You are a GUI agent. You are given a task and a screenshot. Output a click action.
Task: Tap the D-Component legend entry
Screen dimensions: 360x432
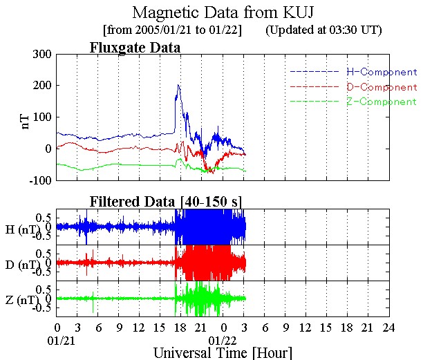tap(382, 87)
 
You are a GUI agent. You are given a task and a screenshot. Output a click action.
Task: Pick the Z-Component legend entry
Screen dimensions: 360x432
tap(382, 102)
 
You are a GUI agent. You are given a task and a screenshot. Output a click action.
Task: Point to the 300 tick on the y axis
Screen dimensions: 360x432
tap(41, 54)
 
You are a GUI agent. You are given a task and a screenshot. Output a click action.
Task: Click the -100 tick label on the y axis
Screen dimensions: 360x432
tap(39, 180)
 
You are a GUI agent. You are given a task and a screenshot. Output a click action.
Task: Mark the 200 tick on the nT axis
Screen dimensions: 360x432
tap(41, 86)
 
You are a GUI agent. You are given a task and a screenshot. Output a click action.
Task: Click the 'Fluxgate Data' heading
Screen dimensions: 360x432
tap(135, 48)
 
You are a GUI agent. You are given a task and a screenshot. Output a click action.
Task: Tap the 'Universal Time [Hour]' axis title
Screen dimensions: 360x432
tap(223, 352)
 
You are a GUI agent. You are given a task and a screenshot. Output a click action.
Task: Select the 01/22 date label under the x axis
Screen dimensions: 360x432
tap(223, 340)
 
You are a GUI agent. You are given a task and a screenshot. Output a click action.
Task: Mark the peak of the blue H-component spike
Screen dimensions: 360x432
tap(178, 85)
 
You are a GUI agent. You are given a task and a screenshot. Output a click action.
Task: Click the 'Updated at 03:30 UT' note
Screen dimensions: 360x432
tap(323, 30)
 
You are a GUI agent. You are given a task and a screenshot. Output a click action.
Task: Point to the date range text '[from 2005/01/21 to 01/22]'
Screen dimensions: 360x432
tap(171, 30)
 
